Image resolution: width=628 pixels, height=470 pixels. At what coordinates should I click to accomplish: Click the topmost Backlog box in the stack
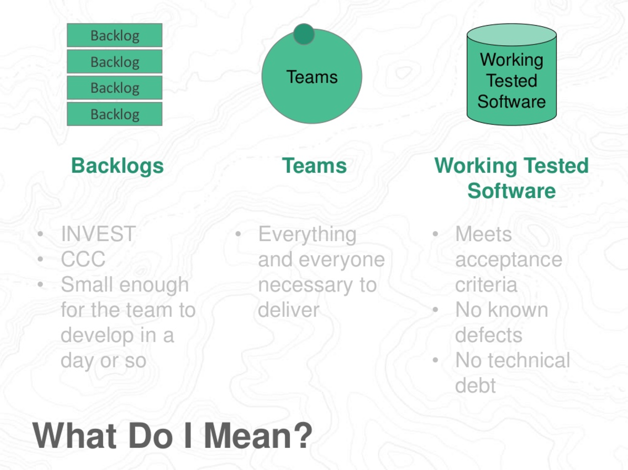(114, 36)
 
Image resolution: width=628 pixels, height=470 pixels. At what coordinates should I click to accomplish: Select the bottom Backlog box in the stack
(114, 114)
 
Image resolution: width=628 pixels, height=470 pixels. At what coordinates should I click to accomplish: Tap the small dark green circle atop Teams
(303, 34)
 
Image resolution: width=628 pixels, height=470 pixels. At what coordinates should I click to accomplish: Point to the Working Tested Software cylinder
(511, 79)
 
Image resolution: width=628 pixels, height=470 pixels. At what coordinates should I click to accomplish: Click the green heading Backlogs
(117, 166)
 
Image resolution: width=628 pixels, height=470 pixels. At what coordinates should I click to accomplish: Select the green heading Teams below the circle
(315, 166)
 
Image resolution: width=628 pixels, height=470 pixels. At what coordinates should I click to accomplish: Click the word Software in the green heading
(511, 191)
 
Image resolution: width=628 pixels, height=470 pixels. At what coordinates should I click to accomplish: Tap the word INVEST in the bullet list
(98, 234)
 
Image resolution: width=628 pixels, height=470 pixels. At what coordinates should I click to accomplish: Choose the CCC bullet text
(83, 259)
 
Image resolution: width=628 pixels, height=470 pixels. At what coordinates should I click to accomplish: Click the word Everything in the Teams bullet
(307, 234)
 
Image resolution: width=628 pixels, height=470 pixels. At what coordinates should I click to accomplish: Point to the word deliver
(288, 310)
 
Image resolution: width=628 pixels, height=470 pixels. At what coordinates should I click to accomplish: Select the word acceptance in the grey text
(509, 259)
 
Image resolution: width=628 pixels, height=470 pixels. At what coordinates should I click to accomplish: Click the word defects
(489, 335)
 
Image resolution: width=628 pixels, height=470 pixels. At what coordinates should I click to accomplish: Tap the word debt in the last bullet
(475, 385)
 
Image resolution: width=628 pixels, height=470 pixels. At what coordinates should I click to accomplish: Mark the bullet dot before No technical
(435, 360)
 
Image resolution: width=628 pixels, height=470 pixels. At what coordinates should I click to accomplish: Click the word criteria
(486, 285)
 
